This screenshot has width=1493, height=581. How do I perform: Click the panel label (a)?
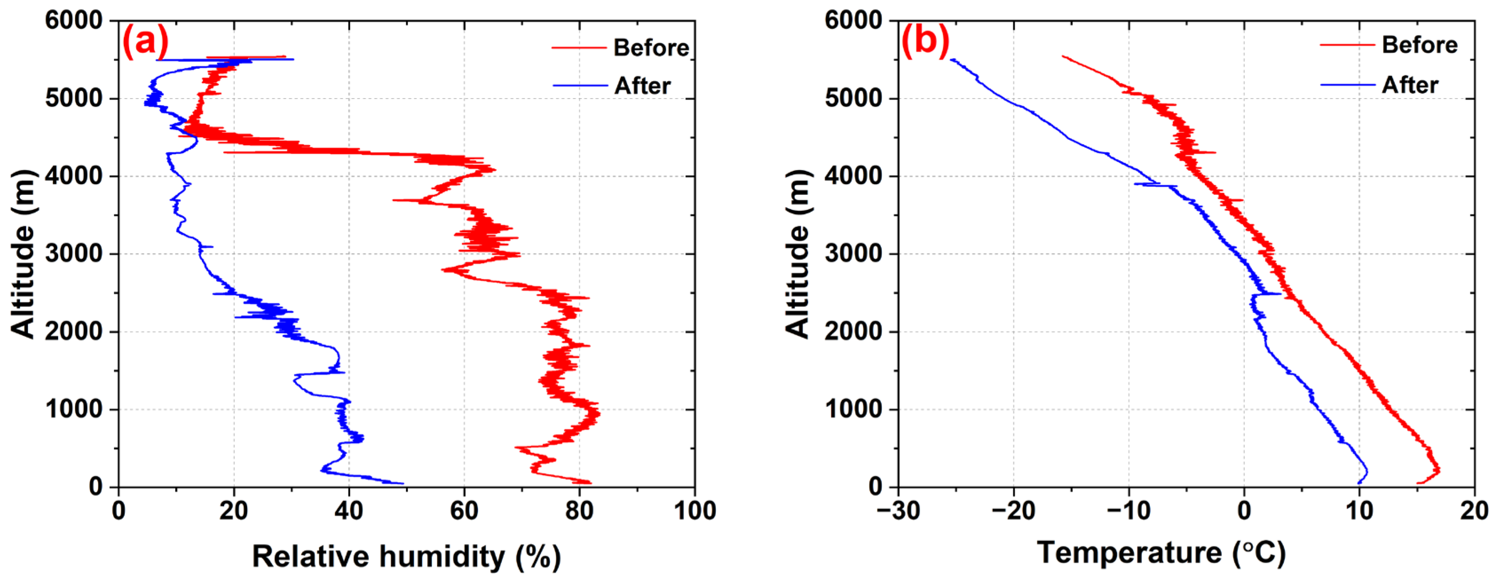[x=145, y=42]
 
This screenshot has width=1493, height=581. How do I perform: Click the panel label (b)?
[x=926, y=42]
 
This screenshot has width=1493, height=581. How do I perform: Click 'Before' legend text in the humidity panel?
[x=651, y=47]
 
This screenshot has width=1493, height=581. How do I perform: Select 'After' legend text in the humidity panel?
[x=642, y=86]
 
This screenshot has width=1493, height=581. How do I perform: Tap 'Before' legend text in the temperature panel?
[x=1419, y=45]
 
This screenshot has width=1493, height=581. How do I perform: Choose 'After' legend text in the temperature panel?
[x=1410, y=85]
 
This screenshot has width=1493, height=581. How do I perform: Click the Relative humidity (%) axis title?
[x=406, y=556]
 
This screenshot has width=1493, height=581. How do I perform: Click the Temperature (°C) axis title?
[x=1161, y=552]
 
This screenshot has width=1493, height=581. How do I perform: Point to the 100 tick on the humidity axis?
[x=694, y=511]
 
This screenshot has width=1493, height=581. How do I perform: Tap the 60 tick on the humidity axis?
[x=464, y=511]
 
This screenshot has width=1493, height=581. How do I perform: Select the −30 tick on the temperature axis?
[x=898, y=511]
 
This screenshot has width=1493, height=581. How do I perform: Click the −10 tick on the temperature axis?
[x=1129, y=511]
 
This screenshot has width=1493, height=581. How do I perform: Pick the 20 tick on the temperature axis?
[x=1474, y=511]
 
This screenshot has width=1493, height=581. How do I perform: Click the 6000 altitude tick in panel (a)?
[x=74, y=20]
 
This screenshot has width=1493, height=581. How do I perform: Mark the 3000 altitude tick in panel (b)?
[x=854, y=253]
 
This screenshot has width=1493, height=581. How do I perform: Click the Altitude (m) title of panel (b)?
[x=798, y=253]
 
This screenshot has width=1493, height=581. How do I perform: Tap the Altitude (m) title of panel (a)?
[x=23, y=253]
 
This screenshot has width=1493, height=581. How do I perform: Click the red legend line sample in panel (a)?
[x=578, y=47]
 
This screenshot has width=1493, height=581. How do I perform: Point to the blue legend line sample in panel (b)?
[x=1347, y=85]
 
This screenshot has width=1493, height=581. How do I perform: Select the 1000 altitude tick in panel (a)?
[x=74, y=409]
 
